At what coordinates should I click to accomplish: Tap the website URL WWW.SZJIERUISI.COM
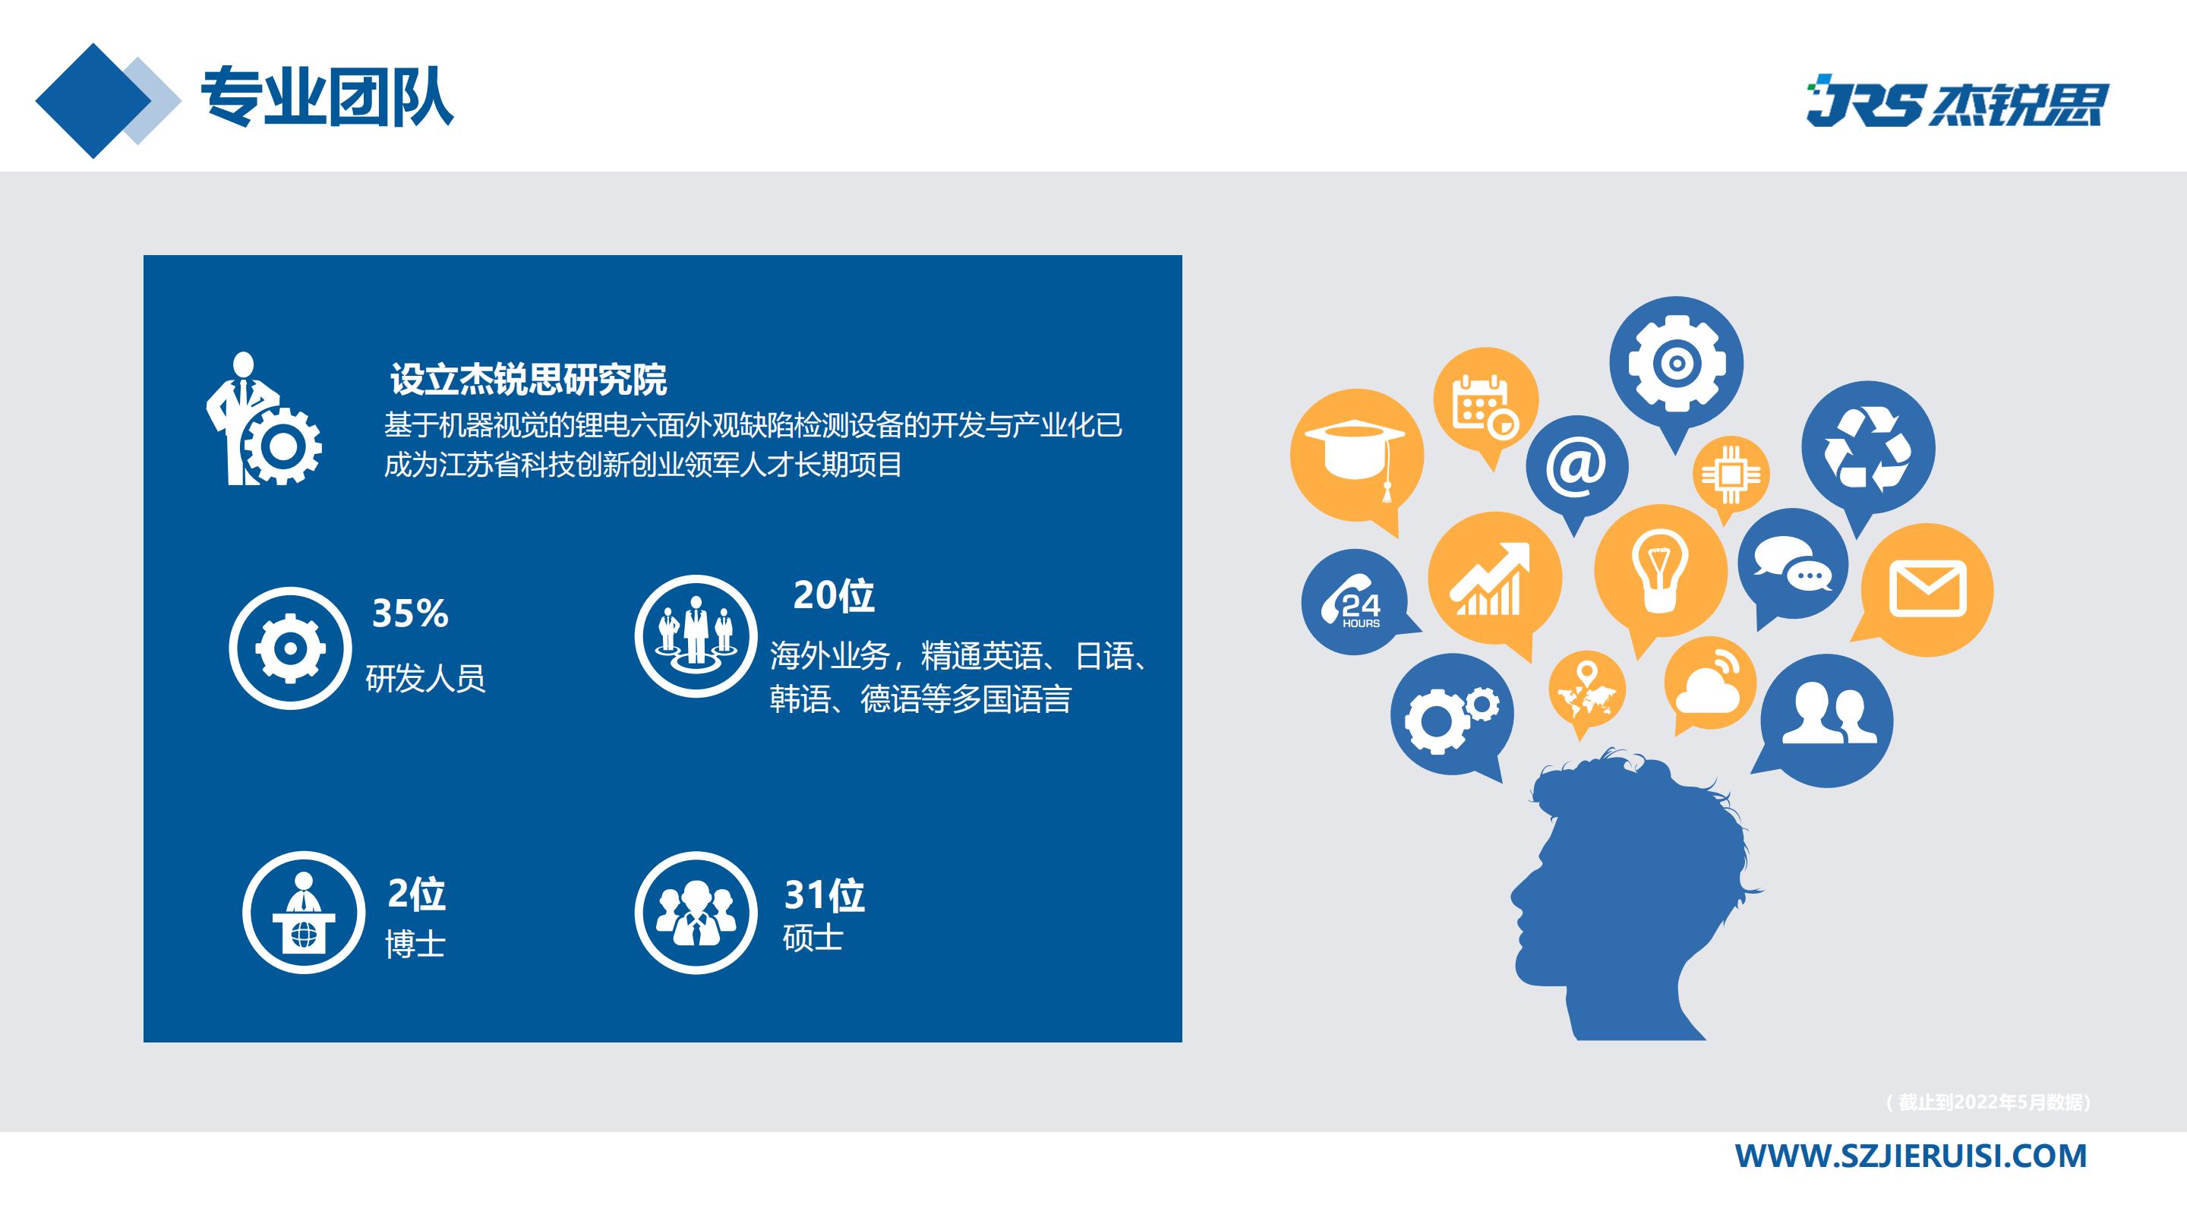[x=1911, y=1156]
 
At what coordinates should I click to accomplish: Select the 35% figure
[x=410, y=613]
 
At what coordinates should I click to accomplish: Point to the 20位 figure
[x=833, y=595]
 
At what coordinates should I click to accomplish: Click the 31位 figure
[x=823, y=894]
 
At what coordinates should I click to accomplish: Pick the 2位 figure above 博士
[x=416, y=893]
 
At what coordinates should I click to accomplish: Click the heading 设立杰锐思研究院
[x=528, y=380]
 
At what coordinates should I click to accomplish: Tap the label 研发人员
[x=425, y=678]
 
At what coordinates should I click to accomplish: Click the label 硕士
[x=813, y=938]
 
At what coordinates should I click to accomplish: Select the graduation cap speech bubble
[x=1355, y=455]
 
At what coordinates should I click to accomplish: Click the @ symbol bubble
[x=1576, y=465]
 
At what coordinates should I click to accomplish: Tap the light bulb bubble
[x=1660, y=569]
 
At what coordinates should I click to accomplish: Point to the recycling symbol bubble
[x=1868, y=447]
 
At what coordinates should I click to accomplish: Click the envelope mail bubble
[x=1927, y=589]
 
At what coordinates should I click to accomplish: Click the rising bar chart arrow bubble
[x=1494, y=578]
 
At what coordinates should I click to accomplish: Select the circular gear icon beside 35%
[x=290, y=648]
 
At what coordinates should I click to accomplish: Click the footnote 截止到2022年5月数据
[x=1988, y=1102]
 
